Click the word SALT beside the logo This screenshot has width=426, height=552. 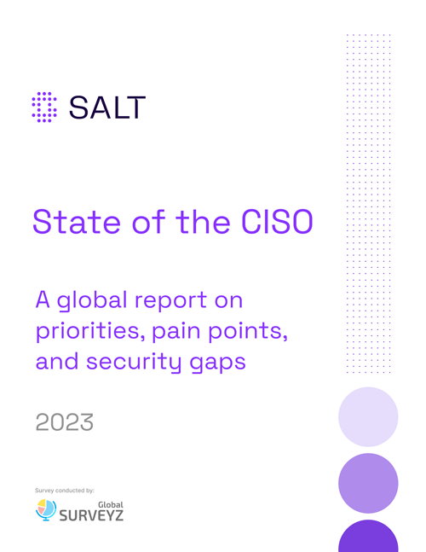106,108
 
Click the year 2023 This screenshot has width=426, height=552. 65,421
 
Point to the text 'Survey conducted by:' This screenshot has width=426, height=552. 65,491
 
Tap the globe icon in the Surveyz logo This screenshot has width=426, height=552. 46,510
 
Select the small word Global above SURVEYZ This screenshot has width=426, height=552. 111,504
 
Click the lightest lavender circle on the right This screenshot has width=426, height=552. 368,416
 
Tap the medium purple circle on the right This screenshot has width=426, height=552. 368,483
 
